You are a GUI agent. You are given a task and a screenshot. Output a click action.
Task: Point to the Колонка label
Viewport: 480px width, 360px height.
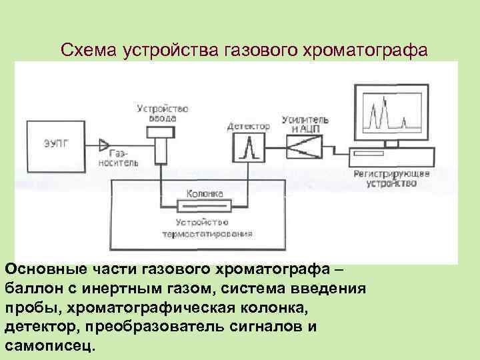[x=204, y=194]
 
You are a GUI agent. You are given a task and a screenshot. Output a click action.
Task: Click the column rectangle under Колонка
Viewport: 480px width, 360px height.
[x=203, y=206]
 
